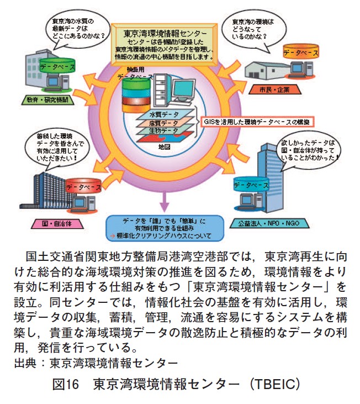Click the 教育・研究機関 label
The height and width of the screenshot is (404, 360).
tap(47, 101)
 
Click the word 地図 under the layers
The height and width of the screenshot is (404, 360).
tap(163, 147)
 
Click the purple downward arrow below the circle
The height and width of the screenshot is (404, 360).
tap(163, 201)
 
